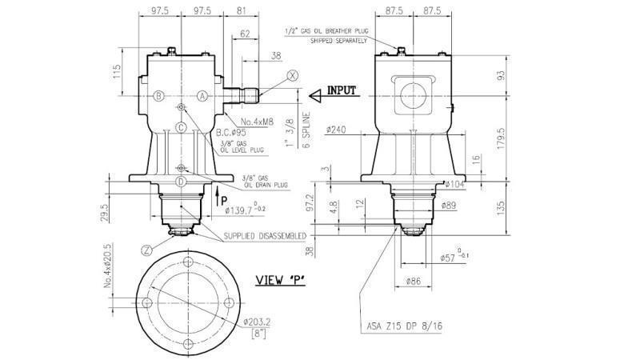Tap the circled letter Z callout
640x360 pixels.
click(x=146, y=250)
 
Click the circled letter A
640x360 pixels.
click(x=202, y=95)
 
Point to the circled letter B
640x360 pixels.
click(x=159, y=95)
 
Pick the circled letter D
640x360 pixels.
click(x=182, y=182)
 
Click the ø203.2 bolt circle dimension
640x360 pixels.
click(x=259, y=322)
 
